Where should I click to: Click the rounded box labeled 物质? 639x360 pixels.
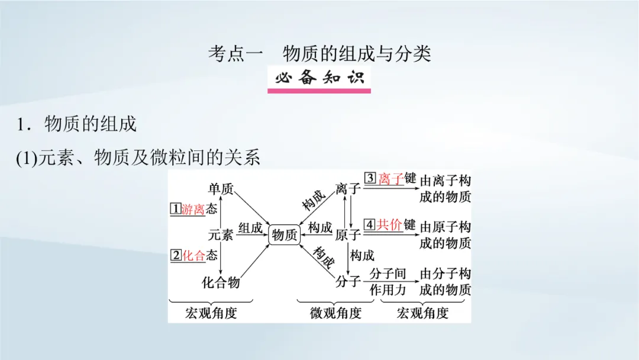point(284,235)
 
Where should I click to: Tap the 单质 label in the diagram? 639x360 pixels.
point(221,189)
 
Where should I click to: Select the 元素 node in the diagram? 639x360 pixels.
point(221,235)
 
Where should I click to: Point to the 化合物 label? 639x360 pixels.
point(221,282)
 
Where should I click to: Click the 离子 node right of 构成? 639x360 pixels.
point(348,189)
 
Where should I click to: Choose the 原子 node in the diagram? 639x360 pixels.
point(348,235)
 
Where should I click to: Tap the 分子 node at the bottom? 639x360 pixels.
point(348,282)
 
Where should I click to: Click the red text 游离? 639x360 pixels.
point(193,209)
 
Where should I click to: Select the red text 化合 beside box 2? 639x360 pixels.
point(193,256)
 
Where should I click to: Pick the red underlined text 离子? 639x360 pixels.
point(390,179)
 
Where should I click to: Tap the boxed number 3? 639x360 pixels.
point(370,178)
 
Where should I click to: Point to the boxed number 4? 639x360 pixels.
point(370,224)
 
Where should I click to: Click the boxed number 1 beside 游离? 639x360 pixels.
point(175,209)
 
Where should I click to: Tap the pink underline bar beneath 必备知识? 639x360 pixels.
point(319,91)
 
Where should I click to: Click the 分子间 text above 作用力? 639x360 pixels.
point(388,274)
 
